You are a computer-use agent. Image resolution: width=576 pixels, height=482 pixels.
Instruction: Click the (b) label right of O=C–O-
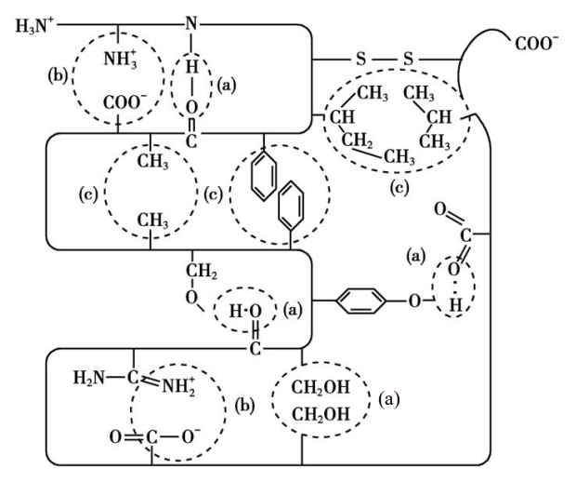245,407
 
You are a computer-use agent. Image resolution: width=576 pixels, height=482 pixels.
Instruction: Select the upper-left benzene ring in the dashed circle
264,181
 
